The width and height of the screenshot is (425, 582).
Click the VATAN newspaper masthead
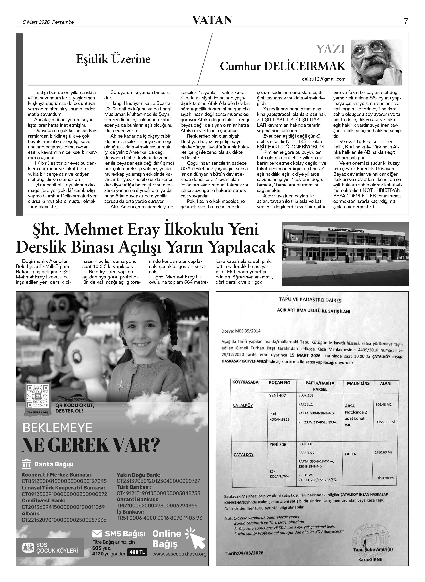pos(212,20)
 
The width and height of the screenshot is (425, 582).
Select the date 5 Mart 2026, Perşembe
pos(48,22)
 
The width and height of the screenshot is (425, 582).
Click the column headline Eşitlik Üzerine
pos(113,59)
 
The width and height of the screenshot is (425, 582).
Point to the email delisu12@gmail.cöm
pos(324,79)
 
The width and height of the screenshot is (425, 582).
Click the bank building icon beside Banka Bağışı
pos(27,464)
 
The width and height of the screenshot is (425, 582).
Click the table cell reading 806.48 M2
pos(383,405)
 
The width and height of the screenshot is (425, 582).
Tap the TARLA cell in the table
pos(350,454)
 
